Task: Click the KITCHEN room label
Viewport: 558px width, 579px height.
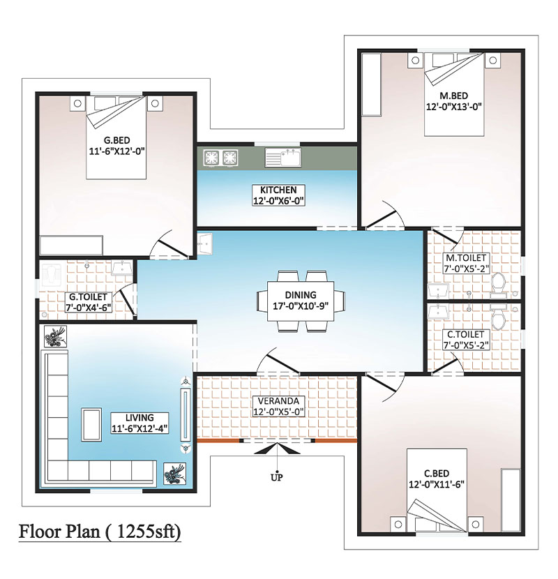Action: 278,190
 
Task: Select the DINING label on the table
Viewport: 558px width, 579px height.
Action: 301,295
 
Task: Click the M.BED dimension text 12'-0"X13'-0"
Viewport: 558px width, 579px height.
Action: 454,107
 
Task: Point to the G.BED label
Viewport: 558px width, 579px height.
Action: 116,140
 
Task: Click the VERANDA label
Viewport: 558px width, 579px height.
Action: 278,401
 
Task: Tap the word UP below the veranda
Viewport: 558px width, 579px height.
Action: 277,477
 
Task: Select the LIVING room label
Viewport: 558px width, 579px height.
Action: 139,418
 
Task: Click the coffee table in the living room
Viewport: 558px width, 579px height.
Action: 91,425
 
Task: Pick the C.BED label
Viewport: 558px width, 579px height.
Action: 437,474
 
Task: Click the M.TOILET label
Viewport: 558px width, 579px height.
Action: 466,257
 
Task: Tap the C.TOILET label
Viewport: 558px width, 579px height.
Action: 466,335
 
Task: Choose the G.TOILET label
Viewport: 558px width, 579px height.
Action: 89,297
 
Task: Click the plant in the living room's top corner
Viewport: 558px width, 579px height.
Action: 55,336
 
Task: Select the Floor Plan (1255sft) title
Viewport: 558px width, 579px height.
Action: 100,532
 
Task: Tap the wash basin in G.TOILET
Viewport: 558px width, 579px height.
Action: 121,269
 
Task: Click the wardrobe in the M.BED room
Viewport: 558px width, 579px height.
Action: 371,84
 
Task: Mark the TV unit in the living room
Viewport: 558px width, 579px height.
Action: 186,414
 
